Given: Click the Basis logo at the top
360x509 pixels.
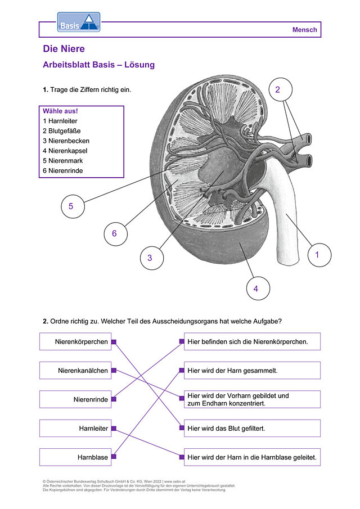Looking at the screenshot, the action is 79,22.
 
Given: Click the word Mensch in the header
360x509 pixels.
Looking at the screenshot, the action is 304,30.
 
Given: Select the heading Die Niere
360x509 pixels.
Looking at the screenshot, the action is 64,49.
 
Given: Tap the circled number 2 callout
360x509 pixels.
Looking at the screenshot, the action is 281,89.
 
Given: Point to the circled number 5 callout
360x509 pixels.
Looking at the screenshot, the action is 73,206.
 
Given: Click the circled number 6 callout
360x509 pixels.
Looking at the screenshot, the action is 115,233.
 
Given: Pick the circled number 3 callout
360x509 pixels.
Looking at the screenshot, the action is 152,258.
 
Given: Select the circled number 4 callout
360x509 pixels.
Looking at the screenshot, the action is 258,289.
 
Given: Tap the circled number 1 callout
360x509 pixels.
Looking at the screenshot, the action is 319,255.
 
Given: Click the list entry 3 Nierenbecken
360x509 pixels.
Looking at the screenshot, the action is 66,141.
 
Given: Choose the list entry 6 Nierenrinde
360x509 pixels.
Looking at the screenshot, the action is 62,171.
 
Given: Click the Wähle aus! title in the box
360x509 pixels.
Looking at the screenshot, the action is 60,111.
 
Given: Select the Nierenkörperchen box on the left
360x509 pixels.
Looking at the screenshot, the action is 75,341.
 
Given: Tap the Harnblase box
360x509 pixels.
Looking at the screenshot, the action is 75,457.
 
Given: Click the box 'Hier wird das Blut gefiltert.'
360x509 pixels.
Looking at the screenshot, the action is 252,428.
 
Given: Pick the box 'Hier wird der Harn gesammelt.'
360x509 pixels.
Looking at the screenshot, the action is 252,371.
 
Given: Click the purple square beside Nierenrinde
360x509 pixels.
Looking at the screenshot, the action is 114,399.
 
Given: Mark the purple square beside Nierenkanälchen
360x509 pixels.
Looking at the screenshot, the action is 114,371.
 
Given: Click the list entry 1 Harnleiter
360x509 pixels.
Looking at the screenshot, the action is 60,121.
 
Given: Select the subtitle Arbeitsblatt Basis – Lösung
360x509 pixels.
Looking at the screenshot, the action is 98,65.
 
